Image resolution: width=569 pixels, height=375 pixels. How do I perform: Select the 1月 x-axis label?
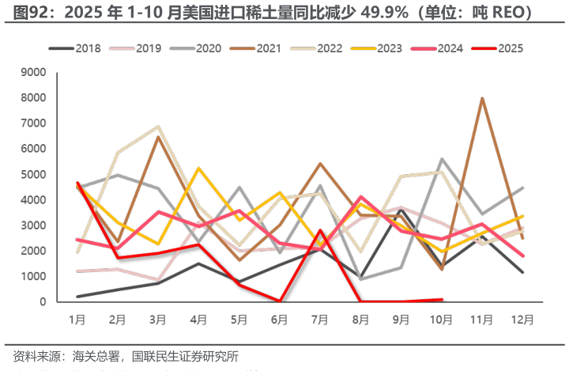tap(77, 320)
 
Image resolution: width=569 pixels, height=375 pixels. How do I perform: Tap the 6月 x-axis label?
tap(280, 320)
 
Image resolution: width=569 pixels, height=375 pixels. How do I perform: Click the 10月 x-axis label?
tap(441, 320)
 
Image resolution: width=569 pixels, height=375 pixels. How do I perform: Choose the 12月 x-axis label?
tap(522, 320)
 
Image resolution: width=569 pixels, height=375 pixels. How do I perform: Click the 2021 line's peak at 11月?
tap(482, 98)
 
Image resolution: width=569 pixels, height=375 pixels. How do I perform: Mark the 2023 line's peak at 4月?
tap(199, 169)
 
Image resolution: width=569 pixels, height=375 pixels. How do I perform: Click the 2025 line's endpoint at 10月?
tap(442, 299)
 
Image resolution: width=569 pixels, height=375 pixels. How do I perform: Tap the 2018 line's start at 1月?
tap(77, 297)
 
